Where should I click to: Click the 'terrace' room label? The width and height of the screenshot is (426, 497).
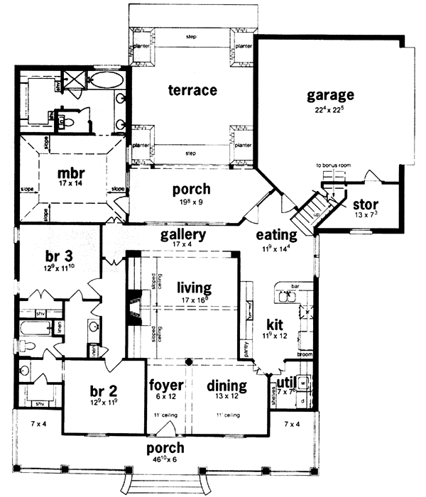click(192, 90)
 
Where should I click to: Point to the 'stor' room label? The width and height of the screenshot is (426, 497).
click(365, 205)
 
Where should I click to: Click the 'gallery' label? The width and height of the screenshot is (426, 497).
click(183, 234)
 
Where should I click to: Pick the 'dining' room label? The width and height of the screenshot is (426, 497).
click(226, 386)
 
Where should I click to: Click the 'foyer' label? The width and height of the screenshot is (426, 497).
click(167, 386)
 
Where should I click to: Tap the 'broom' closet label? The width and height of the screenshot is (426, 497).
click(305, 353)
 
